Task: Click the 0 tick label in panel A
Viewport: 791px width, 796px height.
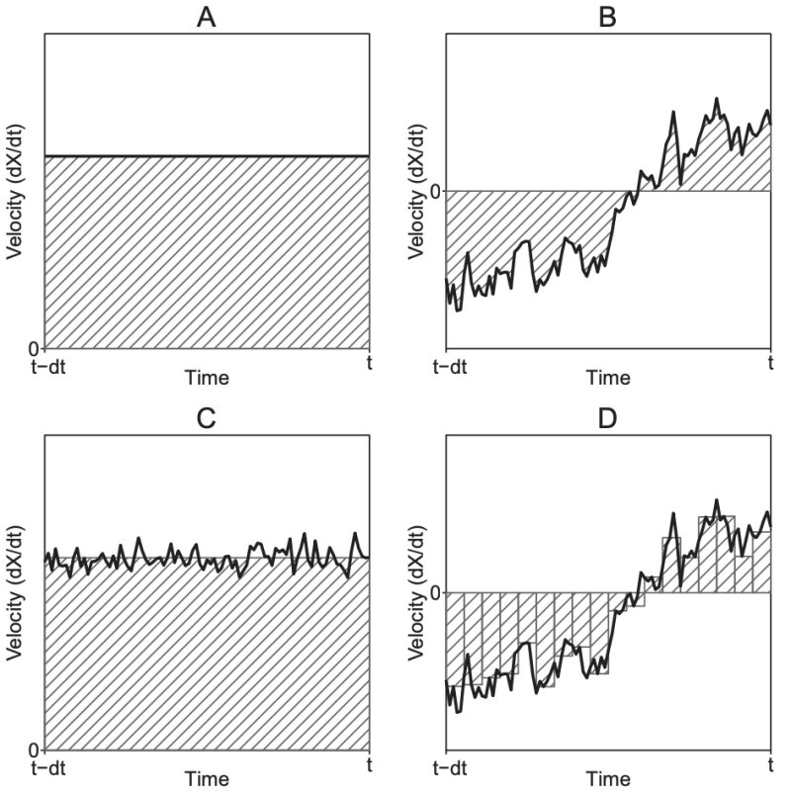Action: pyautogui.click(x=33, y=348)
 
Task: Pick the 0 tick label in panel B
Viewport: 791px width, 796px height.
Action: pyautogui.click(x=433, y=190)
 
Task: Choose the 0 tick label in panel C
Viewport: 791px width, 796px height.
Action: pyautogui.click(x=33, y=749)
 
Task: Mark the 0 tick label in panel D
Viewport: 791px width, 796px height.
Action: pyautogui.click(x=433, y=592)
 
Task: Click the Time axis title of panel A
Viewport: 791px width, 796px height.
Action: pyautogui.click(x=207, y=378)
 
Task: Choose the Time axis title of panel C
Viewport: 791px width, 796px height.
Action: pyautogui.click(x=207, y=780)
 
